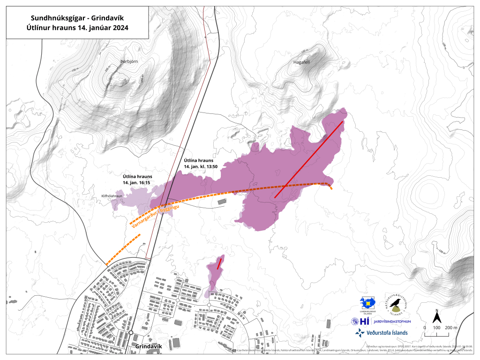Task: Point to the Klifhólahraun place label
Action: click(112, 196)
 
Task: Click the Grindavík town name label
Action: click(148, 346)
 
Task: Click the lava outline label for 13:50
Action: click(203, 164)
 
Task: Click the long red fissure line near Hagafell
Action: click(308, 159)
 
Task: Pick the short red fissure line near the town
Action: click(219, 263)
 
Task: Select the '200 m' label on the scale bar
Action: click(450, 327)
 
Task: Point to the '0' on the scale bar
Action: click(424, 327)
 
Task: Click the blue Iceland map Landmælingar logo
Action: click(368, 303)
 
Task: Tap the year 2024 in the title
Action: click(119, 28)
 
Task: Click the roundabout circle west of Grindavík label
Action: click(131, 332)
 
